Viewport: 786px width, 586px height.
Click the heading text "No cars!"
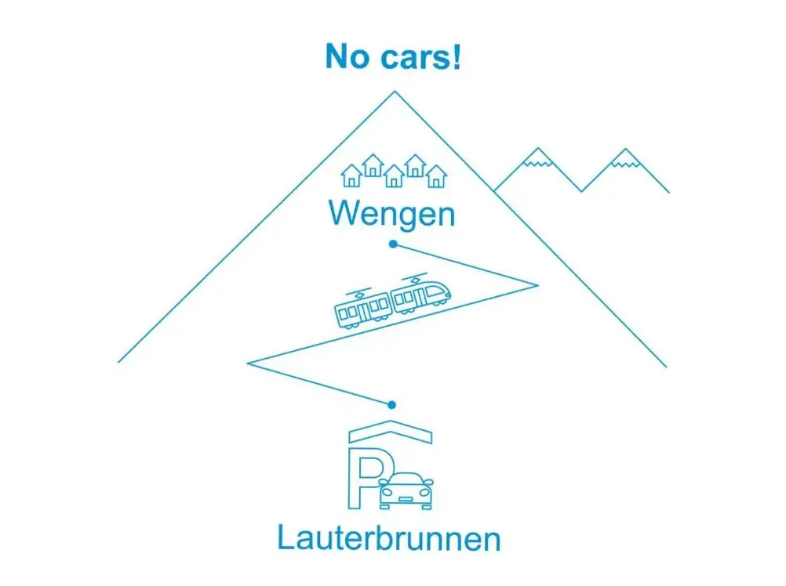393,57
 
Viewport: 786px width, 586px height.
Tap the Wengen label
391,213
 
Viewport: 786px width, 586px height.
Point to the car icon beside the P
406,491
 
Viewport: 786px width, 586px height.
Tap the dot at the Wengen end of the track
392,244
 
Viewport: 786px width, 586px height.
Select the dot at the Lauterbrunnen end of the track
392,404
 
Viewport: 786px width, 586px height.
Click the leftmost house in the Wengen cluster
351,175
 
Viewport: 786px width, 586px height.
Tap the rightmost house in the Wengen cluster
436,175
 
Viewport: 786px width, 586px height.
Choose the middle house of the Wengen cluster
394,176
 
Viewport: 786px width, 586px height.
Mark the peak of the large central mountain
395,92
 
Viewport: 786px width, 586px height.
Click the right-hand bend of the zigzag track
536,284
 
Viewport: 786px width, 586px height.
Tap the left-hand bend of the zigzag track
249,364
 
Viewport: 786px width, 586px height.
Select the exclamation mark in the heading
455,57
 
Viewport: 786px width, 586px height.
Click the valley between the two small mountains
581,190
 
